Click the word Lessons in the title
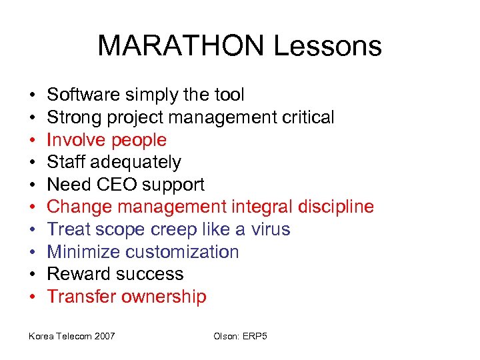tap(327, 46)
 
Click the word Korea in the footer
tap(41, 336)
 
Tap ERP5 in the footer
tap(255, 336)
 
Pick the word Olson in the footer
tap(225, 336)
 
